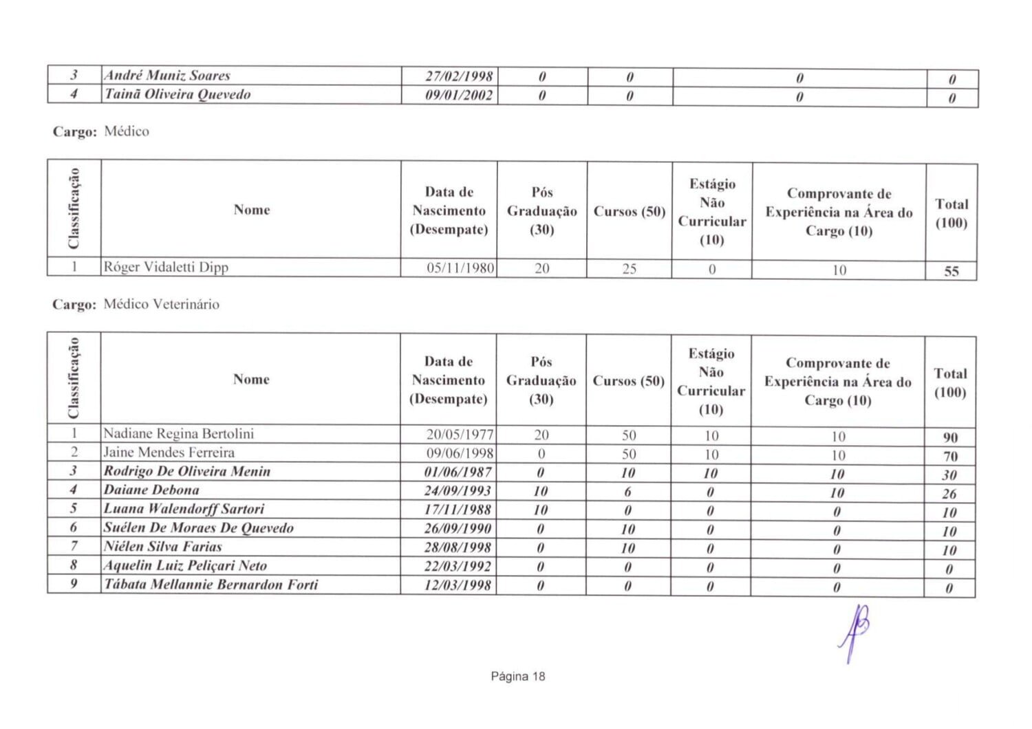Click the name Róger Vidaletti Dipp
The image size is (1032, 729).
166,267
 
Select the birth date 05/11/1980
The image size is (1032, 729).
460,268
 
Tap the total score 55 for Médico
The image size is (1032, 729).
951,271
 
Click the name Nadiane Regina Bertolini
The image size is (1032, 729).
179,433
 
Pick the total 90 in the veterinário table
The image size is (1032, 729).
950,437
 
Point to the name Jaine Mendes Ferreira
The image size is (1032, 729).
169,453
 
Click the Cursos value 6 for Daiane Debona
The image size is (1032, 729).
627,492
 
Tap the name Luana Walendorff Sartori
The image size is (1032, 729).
184,509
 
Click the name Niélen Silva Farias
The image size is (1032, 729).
163,547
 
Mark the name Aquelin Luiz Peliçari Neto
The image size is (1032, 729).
185,566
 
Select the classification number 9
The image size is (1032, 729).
74,584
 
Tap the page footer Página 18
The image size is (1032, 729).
517,676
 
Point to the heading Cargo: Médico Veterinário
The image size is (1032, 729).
136,304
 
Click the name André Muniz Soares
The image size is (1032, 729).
167,76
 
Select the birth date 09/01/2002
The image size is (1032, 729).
459,95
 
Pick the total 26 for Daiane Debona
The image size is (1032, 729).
949,494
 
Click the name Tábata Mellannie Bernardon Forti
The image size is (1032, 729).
211,585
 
